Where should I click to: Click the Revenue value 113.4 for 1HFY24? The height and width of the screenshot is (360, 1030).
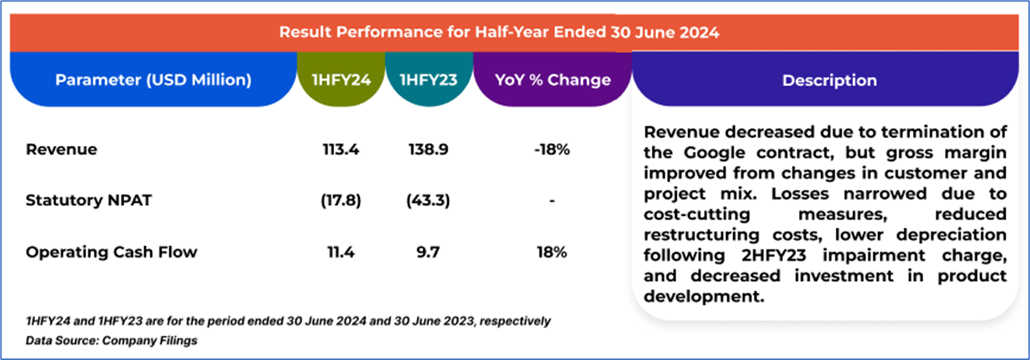341,150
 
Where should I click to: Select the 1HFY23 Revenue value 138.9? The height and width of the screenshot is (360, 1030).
428,150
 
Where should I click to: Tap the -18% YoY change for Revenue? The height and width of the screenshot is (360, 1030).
551,150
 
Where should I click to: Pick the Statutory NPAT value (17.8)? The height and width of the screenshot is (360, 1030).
341,201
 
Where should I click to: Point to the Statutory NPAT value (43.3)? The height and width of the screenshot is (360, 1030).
428,201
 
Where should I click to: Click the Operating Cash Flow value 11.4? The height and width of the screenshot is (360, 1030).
341,253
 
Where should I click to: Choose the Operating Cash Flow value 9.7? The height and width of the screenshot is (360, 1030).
428,253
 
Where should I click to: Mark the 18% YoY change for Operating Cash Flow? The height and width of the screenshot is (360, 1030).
551,253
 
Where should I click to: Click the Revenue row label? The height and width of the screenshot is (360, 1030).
62,150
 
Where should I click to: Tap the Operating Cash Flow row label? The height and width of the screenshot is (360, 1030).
111,253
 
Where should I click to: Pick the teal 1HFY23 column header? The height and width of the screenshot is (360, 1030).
428,80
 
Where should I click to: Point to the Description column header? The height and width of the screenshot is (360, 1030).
829,80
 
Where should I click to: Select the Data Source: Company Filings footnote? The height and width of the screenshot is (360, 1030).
112,340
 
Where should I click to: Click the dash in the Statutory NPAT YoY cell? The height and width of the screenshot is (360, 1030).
551,202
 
